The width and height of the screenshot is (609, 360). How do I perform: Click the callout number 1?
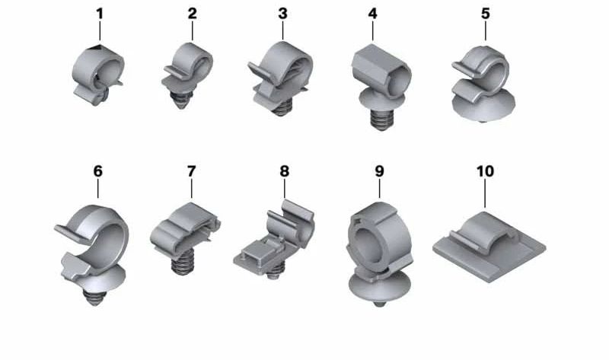pos(100,14)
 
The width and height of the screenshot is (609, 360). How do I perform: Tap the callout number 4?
pos(372,14)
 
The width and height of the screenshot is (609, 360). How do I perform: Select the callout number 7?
pos(191,171)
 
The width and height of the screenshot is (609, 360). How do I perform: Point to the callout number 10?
pos(485,171)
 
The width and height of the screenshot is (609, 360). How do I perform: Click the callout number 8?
pos(284,171)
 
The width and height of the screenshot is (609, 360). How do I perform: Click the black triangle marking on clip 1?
pos(96,47)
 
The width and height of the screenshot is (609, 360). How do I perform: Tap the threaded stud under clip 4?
pos(381,119)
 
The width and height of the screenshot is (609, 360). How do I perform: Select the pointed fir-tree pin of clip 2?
pos(181,100)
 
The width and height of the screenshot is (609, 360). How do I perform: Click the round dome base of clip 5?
pos(483,107)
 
